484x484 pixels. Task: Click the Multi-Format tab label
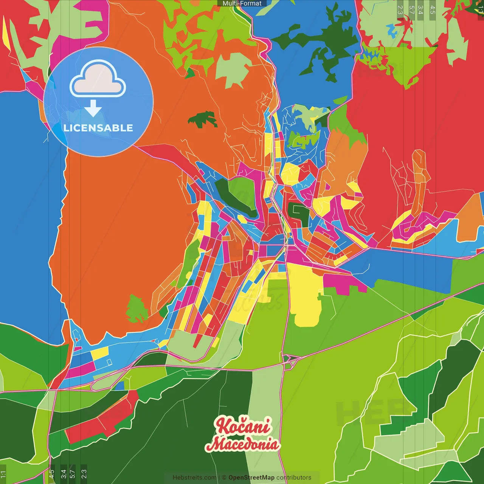click(242, 3)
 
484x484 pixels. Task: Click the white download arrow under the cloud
click(93, 108)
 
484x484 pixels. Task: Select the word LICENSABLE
click(98, 128)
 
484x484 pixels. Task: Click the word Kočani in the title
click(243, 426)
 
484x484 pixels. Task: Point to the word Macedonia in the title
click(243, 444)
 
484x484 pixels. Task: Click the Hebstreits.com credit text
click(194, 478)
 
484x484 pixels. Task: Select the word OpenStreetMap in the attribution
click(251, 478)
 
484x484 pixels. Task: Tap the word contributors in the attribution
click(293, 478)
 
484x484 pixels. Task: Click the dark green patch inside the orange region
click(203, 119)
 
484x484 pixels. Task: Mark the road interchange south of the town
click(290, 359)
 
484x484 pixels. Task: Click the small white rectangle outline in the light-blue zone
click(109, 362)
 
